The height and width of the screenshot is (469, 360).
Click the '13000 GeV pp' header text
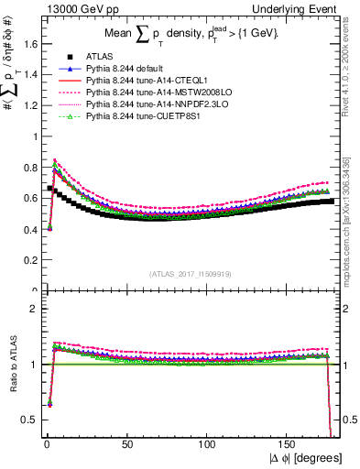70,8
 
